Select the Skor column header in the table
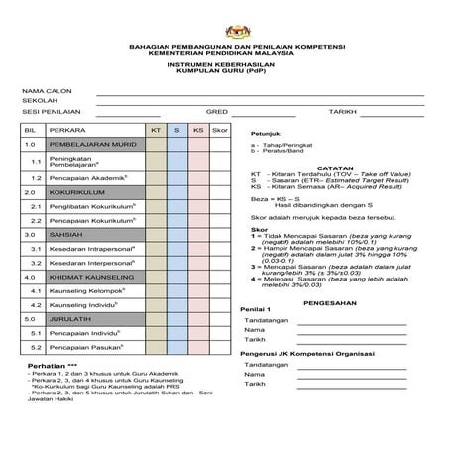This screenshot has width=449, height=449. pyautogui.click(x=220, y=130)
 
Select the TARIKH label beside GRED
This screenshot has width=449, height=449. pyautogui.click(x=343, y=112)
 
